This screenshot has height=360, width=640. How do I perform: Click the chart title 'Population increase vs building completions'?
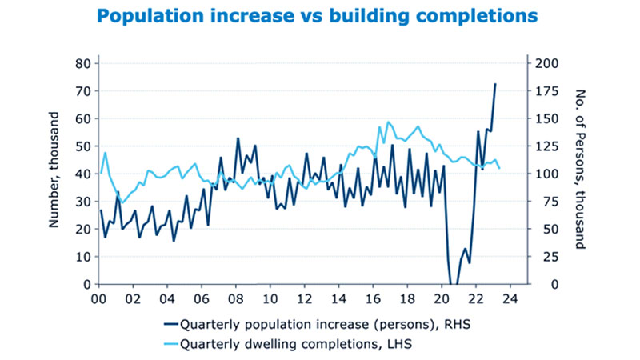click(x=317, y=16)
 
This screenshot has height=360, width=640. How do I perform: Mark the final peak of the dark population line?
click(x=495, y=83)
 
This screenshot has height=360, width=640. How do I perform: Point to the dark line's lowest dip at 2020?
click(x=452, y=284)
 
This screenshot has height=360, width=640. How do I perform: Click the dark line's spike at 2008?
click(x=238, y=138)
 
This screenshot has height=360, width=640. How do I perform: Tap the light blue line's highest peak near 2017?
click(x=389, y=122)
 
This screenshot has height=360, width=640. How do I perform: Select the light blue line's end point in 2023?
click(x=500, y=168)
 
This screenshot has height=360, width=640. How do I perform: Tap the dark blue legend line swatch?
click(x=170, y=325)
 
